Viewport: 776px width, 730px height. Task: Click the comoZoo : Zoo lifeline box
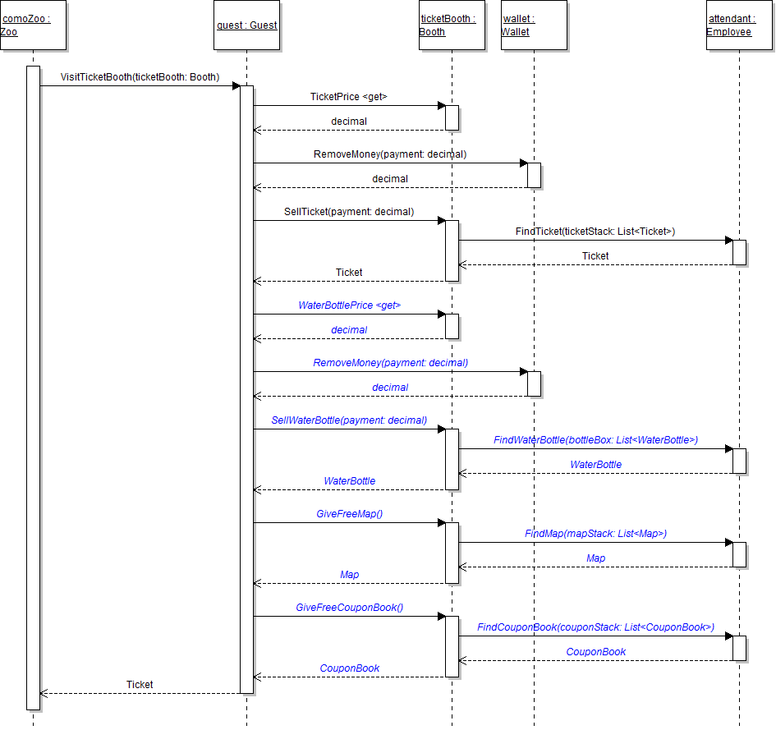click(x=33, y=25)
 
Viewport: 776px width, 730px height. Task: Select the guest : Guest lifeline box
click(x=246, y=25)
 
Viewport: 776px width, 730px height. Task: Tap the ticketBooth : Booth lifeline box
click(x=452, y=25)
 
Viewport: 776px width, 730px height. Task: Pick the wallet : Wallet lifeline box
click(x=534, y=25)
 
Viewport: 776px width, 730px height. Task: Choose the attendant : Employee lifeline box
click(x=739, y=25)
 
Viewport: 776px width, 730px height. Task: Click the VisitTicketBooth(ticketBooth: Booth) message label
click(x=140, y=77)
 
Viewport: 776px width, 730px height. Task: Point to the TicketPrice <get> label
click(x=349, y=97)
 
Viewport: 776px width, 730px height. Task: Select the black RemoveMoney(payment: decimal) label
click(x=390, y=154)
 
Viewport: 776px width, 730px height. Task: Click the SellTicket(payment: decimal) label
click(x=349, y=212)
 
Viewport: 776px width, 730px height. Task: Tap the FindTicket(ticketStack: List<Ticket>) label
click(x=595, y=232)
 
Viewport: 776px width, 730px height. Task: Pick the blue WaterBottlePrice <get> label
click(x=349, y=305)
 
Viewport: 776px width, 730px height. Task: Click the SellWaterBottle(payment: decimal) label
click(x=349, y=420)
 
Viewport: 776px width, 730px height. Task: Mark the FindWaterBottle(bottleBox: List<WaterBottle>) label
click(x=595, y=440)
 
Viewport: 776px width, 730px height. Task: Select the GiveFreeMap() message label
click(x=349, y=514)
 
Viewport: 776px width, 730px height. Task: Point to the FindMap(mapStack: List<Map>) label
click(x=595, y=534)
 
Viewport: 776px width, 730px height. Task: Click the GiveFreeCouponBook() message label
click(x=349, y=608)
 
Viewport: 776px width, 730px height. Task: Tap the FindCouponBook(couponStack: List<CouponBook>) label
click(x=595, y=627)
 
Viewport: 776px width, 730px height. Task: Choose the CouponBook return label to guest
click(x=349, y=668)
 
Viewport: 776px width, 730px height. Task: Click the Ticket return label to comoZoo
click(x=140, y=684)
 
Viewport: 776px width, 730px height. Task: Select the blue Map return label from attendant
click(x=595, y=558)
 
